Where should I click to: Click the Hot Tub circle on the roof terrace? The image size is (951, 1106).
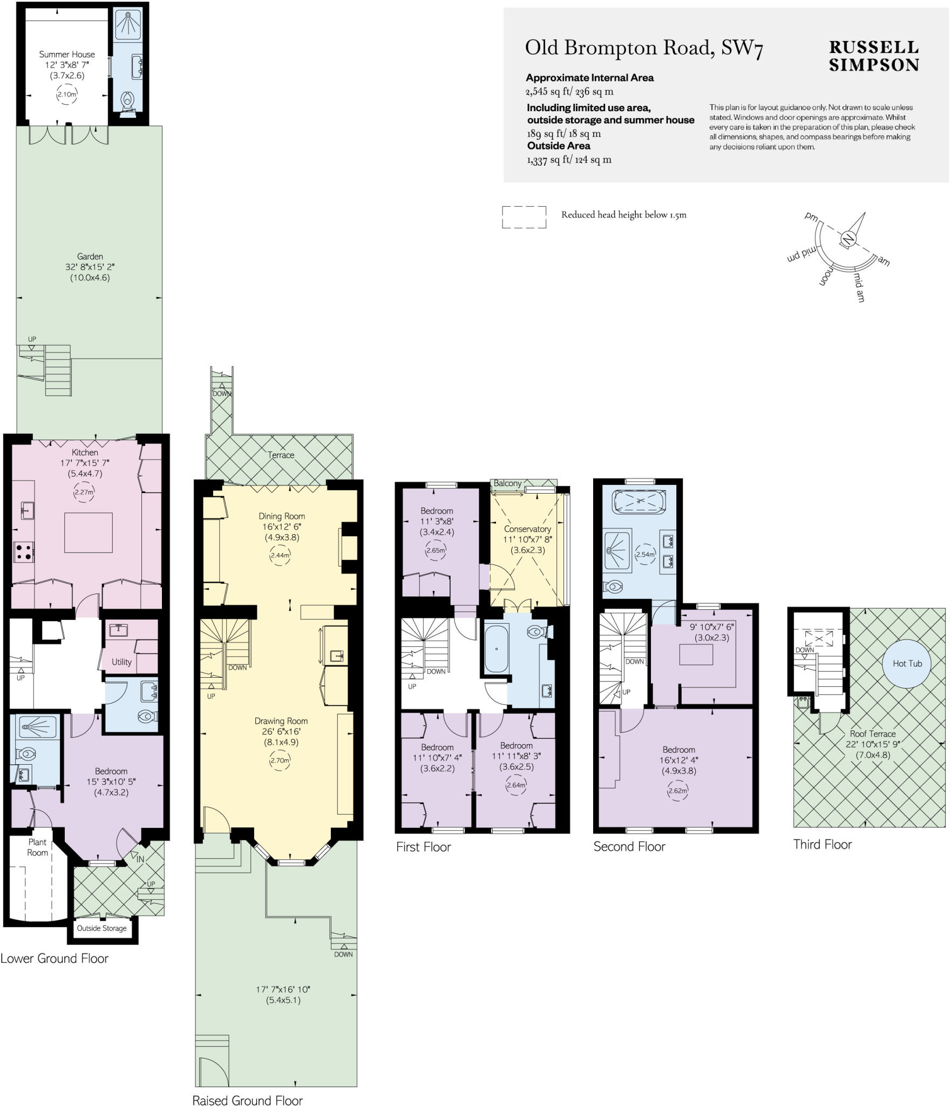pyautogui.click(x=907, y=663)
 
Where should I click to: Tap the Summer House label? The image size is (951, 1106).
pyautogui.click(x=67, y=54)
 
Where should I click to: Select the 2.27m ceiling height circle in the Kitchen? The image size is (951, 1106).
pyautogui.click(x=84, y=492)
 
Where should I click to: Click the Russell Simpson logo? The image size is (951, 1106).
pyautogui.click(x=873, y=56)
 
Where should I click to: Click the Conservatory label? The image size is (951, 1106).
pyautogui.click(x=527, y=529)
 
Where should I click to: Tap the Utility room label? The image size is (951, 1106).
pyautogui.click(x=121, y=662)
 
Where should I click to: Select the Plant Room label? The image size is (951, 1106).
pyautogui.click(x=38, y=847)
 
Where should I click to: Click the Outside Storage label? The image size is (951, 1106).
pyautogui.click(x=101, y=928)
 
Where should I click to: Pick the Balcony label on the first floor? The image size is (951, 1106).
pyautogui.click(x=507, y=483)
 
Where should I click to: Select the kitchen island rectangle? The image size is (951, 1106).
pyautogui.click(x=89, y=532)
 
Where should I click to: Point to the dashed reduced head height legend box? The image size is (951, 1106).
pyautogui.click(x=524, y=217)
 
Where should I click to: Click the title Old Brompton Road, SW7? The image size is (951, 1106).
pyautogui.click(x=644, y=48)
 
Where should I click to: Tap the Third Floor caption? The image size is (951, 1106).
pyautogui.click(x=822, y=844)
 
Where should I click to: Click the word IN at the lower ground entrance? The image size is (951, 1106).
pyautogui.click(x=140, y=859)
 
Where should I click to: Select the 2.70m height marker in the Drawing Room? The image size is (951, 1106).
pyautogui.click(x=280, y=760)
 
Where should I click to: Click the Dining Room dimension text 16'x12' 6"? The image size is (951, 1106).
pyautogui.click(x=282, y=527)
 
